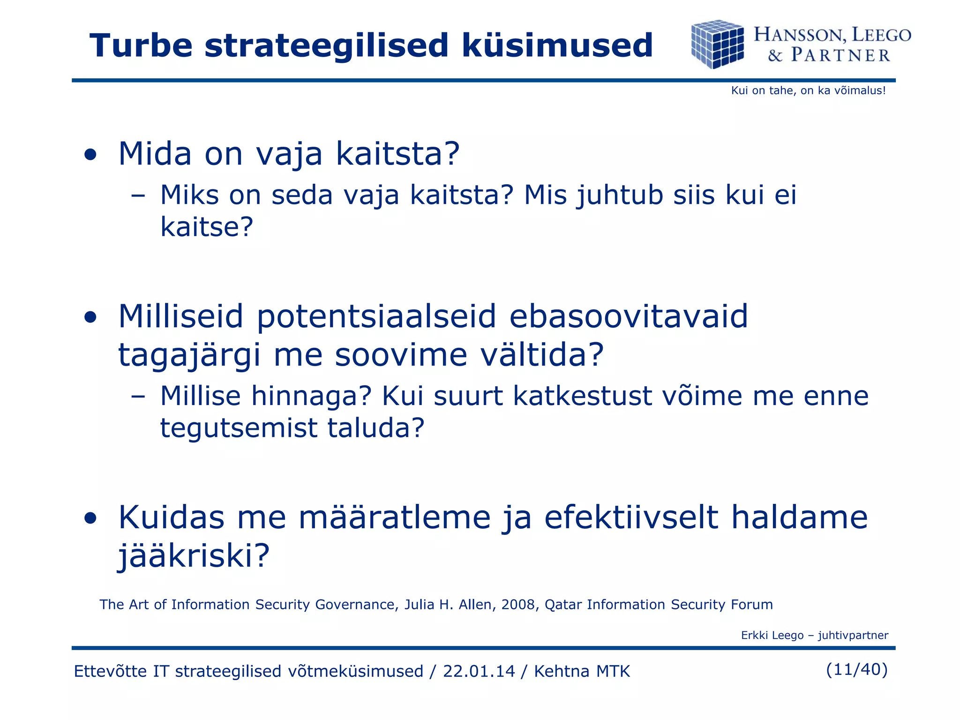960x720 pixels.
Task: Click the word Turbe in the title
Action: point(141,45)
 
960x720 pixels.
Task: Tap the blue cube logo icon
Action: point(717,44)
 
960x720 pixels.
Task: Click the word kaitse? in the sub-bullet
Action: point(207,227)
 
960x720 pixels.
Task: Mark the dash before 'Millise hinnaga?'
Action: point(138,397)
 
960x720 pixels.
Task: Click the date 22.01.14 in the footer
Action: point(479,671)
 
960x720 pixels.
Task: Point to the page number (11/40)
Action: point(856,669)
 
